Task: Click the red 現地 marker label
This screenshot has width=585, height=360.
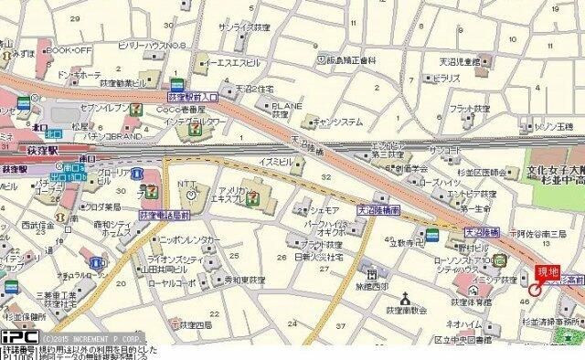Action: coord(547,270)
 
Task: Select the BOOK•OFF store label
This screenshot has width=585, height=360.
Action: coord(69,49)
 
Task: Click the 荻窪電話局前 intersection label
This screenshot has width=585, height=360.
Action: coord(165,215)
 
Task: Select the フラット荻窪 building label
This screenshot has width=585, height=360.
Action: coord(470,108)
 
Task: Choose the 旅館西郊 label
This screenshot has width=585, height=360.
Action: coord(372,286)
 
